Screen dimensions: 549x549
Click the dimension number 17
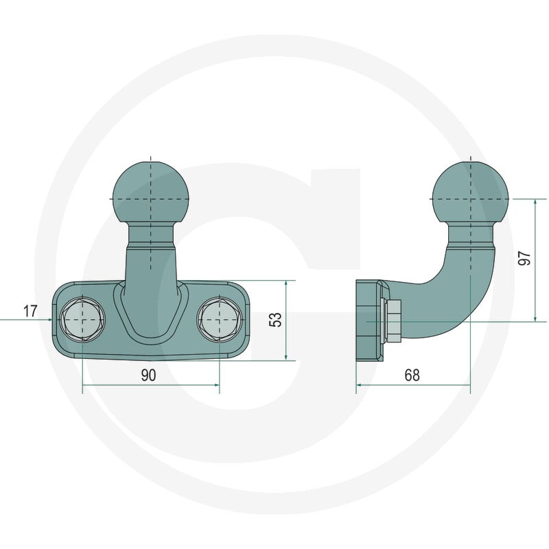coord(30,311)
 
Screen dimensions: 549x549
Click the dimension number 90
coord(148,375)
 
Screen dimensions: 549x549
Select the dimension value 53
coord(276,320)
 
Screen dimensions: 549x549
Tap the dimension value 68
coord(412,375)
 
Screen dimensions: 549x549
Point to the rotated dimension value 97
coord(525,258)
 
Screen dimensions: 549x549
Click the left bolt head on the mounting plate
coord(82,320)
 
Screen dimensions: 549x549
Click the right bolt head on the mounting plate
coord(220,320)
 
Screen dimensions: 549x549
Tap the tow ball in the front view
coord(151,193)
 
